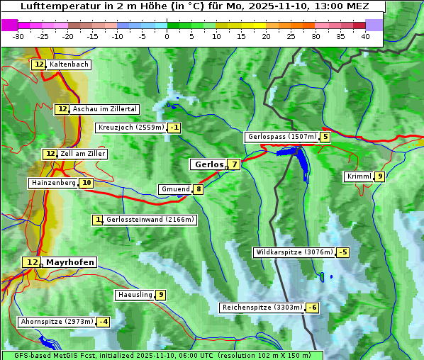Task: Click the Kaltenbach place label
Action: coord(69,64)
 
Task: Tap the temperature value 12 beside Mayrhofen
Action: coord(30,262)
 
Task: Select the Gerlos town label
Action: coord(208,164)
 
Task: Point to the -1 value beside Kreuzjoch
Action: coord(174,128)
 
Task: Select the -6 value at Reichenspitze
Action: coord(312,308)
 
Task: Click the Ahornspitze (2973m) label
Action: coord(57,322)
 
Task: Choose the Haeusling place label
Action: coord(134,295)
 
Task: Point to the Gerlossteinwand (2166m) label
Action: coord(150,220)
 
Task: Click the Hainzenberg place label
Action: coord(52,183)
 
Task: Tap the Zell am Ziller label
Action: coord(83,154)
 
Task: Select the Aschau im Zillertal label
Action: coord(104,109)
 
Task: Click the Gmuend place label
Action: coord(175,189)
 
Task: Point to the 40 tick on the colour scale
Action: coord(365,36)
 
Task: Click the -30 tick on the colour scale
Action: coord(18,36)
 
